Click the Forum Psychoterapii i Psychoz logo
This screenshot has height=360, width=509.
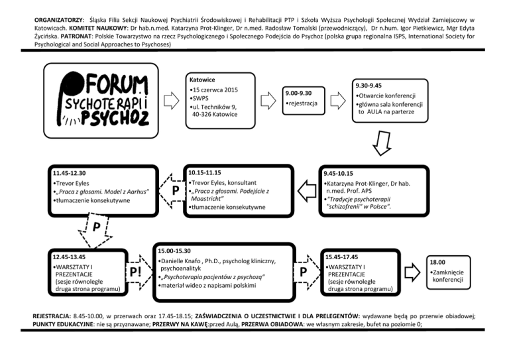[103, 100]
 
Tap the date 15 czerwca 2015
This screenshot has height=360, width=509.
[215, 90]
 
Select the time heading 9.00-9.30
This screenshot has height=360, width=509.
[298, 93]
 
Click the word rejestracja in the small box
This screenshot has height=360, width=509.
[303, 103]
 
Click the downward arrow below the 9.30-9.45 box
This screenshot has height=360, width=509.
[382, 143]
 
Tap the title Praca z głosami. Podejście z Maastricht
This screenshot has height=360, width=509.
[230, 195]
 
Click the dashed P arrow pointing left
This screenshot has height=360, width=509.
[172, 190]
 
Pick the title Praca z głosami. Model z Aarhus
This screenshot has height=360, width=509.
[102, 192]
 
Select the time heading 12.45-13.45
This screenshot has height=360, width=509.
[69, 257]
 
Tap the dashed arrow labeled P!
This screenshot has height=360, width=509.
[139, 272]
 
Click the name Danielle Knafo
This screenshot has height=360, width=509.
[181, 261]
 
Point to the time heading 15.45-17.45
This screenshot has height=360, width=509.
[342, 257]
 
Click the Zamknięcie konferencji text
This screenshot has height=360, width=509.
[448, 276]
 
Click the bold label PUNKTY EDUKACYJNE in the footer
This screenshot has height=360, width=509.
[63, 324]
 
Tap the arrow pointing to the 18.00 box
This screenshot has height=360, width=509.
[412, 272]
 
